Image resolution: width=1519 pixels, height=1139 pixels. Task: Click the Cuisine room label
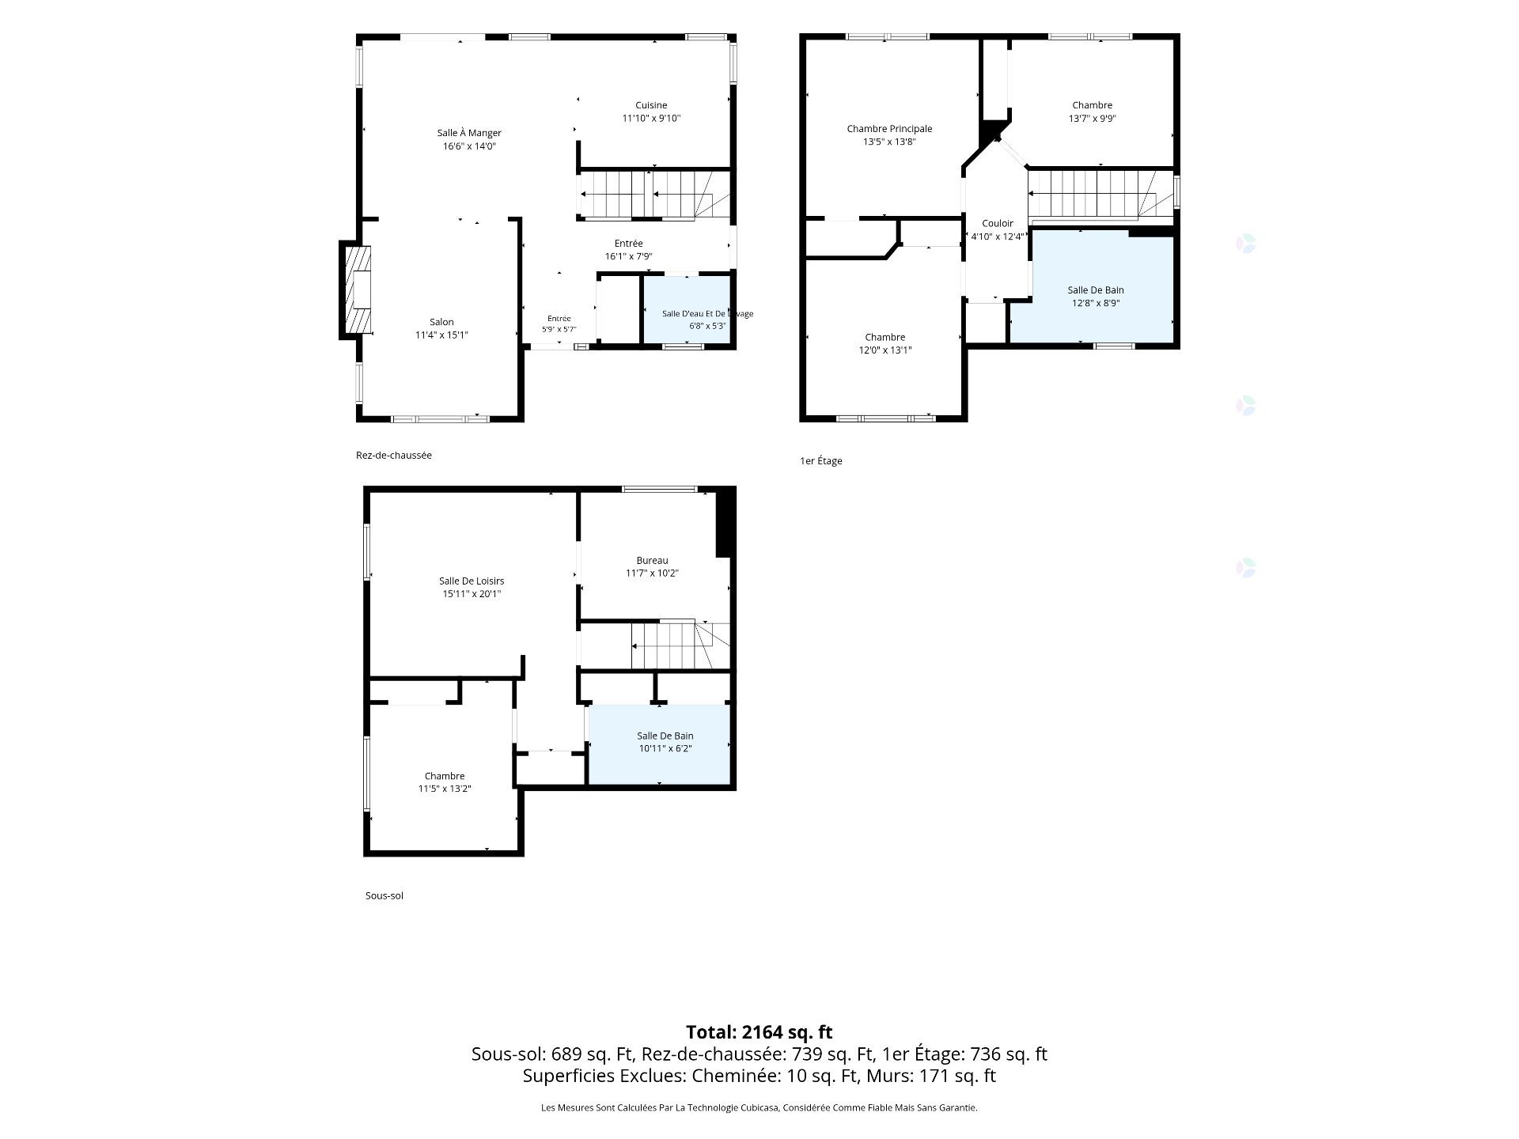click(x=651, y=105)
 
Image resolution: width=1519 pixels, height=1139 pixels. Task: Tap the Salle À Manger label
click(x=469, y=133)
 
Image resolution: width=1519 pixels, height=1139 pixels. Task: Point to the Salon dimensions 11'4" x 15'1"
click(x=441, y=335)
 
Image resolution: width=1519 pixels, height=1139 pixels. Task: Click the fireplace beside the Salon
click(x=356, y=289)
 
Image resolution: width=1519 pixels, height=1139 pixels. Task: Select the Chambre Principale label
click(x=889, y=129)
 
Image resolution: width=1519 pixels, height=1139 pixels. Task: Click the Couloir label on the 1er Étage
click(x=998, y=224)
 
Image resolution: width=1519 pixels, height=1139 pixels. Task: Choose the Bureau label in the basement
click(x=652, y=561)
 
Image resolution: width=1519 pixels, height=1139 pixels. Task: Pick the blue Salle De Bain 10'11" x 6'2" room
click(x=659, y=744)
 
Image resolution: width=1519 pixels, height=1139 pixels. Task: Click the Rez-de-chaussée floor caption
click(x=394, y=456)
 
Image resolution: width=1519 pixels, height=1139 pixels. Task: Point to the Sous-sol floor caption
click(x=384, y=896)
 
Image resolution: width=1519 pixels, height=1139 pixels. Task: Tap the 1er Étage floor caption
click(x=821, y=461)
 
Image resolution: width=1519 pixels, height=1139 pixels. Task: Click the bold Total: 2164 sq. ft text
click(x=759, y=1032)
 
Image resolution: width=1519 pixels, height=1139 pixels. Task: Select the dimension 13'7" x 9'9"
click(x=1093, y=119)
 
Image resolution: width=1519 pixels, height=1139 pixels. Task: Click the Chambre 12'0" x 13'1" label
click(x=885, y=343)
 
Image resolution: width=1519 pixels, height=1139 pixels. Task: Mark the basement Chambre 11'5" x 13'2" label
click(x=445, y=782)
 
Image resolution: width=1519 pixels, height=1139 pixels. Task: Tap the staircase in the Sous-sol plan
click(x=680, y=645)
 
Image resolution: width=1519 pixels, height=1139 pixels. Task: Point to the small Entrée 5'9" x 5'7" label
click(x=559, y=324)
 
